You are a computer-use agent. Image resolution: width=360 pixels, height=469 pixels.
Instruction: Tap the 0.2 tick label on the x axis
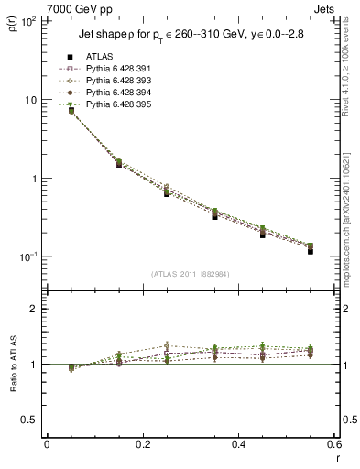tap(142, 444)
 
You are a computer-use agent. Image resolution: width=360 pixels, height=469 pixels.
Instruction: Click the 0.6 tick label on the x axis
tap(333, 444)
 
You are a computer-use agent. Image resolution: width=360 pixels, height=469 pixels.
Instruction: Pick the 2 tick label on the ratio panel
tap(34, 309)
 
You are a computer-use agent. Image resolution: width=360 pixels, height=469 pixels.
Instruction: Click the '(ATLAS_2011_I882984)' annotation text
tap(191, 274)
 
